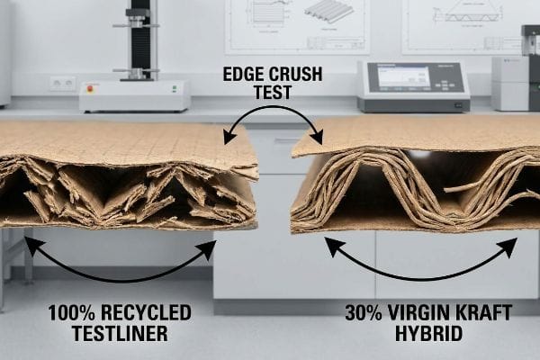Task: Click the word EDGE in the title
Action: [243, 74]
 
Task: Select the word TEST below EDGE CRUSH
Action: [273, 92]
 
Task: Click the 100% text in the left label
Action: [71, 313]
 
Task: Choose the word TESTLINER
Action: [120, 334]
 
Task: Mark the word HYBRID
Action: [428, 334]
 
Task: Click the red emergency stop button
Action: [90, 88]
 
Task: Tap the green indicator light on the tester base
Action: [175, 88]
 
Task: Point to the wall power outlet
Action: [63, 83]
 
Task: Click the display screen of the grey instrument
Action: [403, 76]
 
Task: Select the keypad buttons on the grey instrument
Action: [444, 85]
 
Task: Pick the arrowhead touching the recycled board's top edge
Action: [229, 138]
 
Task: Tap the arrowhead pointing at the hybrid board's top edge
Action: [317, 138]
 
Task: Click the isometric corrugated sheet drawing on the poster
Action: [328, 12]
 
